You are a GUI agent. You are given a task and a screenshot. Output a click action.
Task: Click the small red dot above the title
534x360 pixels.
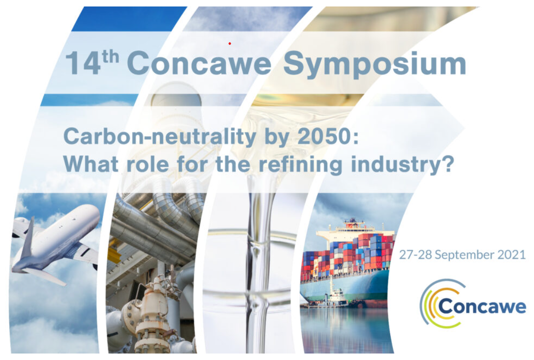(x=230, y=43)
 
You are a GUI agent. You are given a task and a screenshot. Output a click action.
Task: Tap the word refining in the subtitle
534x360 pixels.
(x=301, y=165)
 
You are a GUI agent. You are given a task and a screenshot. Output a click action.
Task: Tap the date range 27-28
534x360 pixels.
(x=416, y=254)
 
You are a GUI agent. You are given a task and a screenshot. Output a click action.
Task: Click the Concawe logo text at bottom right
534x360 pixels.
(x=482, y=306)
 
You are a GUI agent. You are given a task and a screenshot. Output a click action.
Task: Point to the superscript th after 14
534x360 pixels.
(x=110, y=57)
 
